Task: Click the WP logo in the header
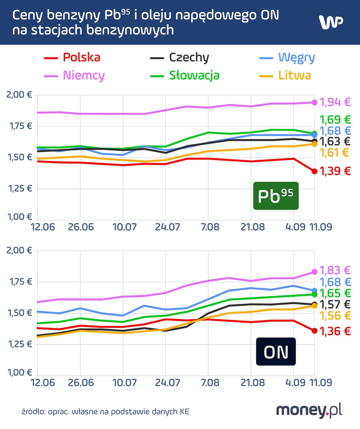[x=331, y=22]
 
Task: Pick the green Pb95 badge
[x=276, y=196]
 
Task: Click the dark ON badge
[x=276, y=352]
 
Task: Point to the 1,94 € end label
[x=335, y=102]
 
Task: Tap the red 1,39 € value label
[x=335, y=171]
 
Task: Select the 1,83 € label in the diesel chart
[x=335, y=271]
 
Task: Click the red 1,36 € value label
[x=335, y=331]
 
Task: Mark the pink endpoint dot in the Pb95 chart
[x=314, y=102]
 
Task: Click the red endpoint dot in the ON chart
[x=314, y=331]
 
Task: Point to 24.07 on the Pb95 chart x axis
[x=167, y=227]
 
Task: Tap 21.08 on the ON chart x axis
[x=253, y=383]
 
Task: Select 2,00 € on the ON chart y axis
[x=20, y=250]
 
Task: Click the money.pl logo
[x=309, y=411]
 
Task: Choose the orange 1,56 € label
[x=335, y=316]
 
